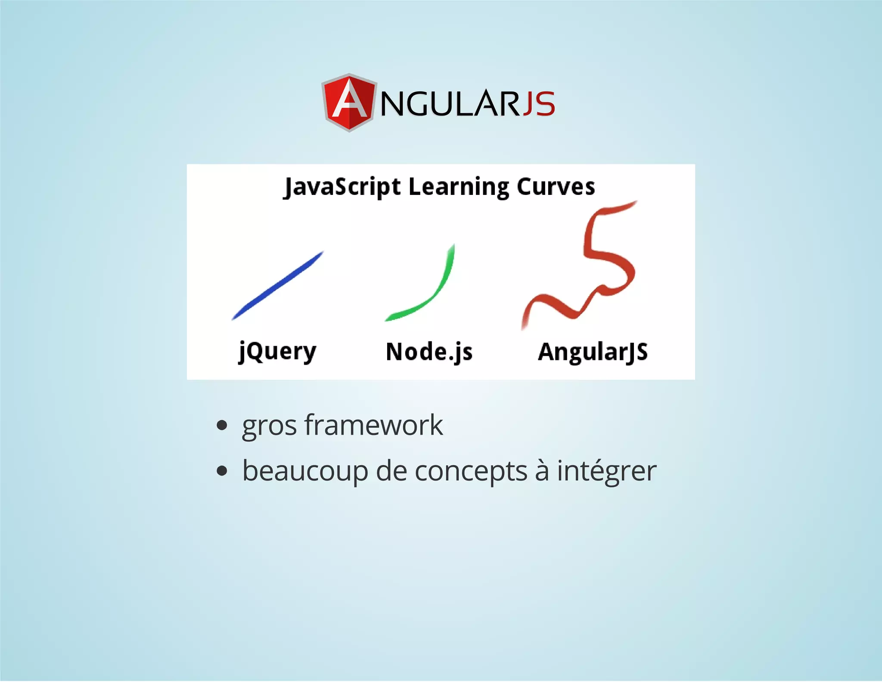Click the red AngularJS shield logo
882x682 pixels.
[x=349, y=103]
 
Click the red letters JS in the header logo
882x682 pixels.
[x=539, y=104]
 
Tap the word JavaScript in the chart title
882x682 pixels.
[x=342, y=187]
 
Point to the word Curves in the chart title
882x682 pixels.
[x=556, y=187]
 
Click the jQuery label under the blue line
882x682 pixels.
[x=278, y=352]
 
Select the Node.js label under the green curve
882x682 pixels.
[x=429, y=352]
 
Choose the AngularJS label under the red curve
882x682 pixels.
[x=593, y=352]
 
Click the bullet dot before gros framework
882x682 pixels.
[x=222, y=426]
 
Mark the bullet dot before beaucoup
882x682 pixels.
[x=222, y=471]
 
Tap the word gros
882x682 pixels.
[x=269, y=426]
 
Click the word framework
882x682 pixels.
[x=374, y=425]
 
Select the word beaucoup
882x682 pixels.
[x=305, y=471]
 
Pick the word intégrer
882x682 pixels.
[x=606, y=471]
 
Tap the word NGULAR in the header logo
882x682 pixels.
[x=450, y=104]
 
